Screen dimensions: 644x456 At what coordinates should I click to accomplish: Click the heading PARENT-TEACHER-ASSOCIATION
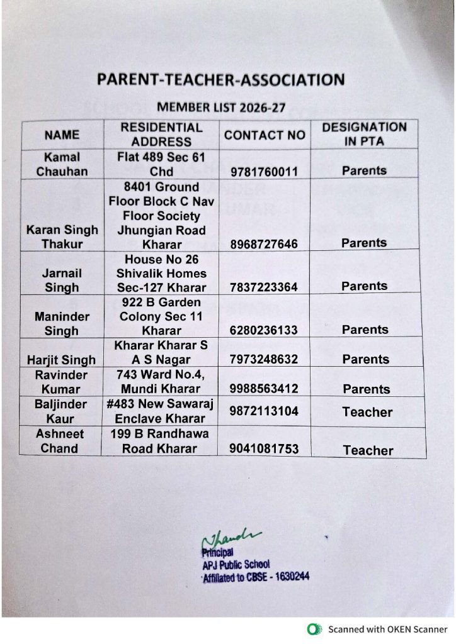[220, 80]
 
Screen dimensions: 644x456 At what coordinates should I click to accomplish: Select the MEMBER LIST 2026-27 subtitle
[221, 108]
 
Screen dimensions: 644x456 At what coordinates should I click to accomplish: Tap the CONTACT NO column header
[265, 135]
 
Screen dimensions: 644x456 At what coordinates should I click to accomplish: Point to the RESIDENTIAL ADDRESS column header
[161, 135]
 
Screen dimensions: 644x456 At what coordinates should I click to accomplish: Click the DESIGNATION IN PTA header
[364, 135]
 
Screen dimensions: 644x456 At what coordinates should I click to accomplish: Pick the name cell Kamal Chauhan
[62, 164]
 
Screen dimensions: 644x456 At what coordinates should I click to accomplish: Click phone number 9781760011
[265, 171]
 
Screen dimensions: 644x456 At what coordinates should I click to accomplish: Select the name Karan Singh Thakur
[62, 236]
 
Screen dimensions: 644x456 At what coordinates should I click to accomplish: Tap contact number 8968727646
[265, 243]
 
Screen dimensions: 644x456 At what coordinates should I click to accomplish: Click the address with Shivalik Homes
[161, 273]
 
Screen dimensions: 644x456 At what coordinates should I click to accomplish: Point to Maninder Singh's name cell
[62, 323]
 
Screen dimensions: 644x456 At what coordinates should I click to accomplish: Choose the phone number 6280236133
[265, 330]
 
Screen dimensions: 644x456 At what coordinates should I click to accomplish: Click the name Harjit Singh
[62, 360]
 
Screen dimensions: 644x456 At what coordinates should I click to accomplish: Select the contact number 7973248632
[265, 360]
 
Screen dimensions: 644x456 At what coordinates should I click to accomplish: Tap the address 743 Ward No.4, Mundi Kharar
[161, 381]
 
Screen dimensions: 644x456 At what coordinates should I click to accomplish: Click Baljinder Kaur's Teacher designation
[367, 413]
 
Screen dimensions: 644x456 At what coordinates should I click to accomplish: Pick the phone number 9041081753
[265, 449]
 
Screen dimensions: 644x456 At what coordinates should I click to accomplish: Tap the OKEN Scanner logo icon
[313, 629]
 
